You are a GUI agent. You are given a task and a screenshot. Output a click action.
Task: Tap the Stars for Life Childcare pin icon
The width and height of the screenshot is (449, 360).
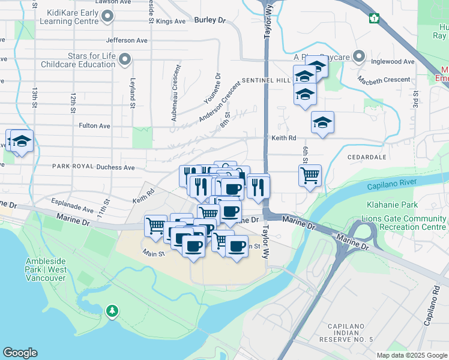pyautogui.click(x=125, y=59)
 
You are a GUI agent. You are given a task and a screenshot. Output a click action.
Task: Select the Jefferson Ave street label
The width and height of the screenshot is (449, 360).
pyautogui.click(x=126, y=41)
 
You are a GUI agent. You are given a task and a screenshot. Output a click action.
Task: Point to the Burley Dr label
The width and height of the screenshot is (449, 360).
pyautogui.click(x=209, y=20)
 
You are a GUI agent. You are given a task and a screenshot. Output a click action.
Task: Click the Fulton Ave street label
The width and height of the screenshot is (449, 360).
pyautogui.click(x=95, y=126)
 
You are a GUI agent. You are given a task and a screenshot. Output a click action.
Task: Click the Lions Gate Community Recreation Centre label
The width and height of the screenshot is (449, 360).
pyautogui.click(x=404, y=223)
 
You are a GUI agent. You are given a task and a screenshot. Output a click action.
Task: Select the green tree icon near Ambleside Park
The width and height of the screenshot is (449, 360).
pyautogui.click(x=112, y=310)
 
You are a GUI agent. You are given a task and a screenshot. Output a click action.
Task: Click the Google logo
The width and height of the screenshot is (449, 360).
pyautogui.click(x=20, y=353)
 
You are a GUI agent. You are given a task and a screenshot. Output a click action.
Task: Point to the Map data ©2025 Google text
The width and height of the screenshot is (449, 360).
pyautogui.click(x=411, y=355)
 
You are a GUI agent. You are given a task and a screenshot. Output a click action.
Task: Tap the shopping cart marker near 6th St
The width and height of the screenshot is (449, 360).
pyautogui.click(x=310, y=176)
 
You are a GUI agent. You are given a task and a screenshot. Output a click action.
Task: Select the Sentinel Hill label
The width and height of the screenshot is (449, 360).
pyautogui.click(x=266, y=80)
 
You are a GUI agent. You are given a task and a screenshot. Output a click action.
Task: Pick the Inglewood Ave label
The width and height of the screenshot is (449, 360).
pyautogui.click(x=393, y=62)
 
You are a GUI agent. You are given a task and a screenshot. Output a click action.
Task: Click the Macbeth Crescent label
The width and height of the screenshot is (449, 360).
pyautogui.click(x=384, y=79)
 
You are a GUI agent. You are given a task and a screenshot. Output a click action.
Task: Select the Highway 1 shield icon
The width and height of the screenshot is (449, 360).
pyautogui.click(x=375, y=18)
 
